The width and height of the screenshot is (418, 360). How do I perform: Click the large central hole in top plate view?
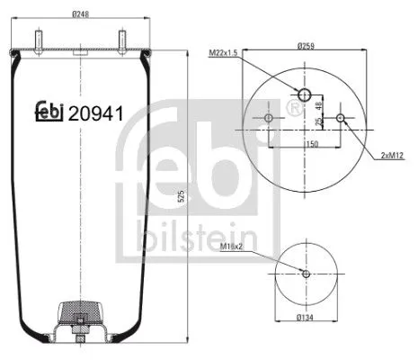(304, 95)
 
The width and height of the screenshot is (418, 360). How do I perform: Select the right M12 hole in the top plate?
(339, 118)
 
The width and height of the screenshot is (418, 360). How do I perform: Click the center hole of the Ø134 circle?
(305, 274)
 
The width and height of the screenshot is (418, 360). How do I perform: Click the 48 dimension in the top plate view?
(321, 106)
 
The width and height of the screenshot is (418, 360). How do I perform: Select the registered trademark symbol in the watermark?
(291, 109)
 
